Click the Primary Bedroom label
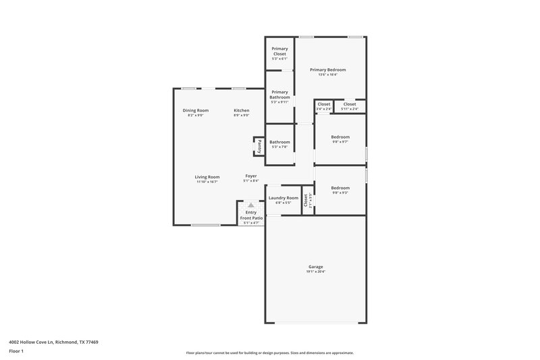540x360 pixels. [x=327, y=70]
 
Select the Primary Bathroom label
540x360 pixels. [x=279, y=95]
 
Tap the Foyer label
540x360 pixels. [x=250, y=176]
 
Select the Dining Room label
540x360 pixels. [x=195, y=110]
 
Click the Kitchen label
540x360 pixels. [x=241, y=110]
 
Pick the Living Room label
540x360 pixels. [x=207, y=177]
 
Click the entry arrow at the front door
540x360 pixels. [x=251, y=205]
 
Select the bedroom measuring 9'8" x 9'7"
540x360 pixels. [x=340, y=137]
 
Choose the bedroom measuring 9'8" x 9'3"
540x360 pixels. [x=340, y=188]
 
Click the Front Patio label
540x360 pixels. [x=251, y=218]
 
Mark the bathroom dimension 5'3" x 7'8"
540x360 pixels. [x=279, y=147]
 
